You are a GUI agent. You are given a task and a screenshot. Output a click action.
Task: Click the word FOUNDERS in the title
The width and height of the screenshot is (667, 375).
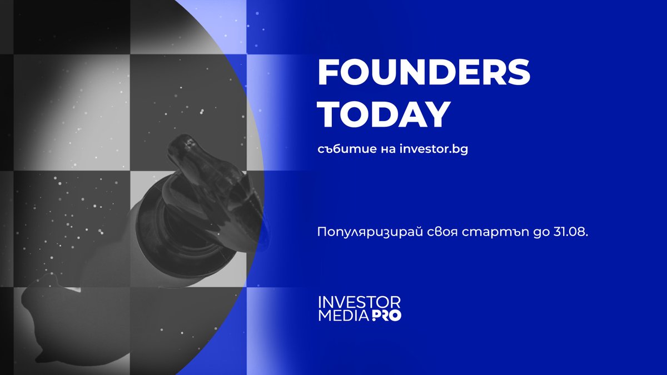[x=424, y=73]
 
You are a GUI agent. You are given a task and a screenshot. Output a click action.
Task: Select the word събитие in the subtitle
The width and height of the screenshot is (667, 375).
[x=340, y=150]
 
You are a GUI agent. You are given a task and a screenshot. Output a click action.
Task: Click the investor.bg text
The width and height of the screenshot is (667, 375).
[x=434, y=150]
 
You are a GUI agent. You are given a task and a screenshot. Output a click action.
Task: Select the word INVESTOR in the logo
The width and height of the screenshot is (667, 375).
[x=359, y=303]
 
